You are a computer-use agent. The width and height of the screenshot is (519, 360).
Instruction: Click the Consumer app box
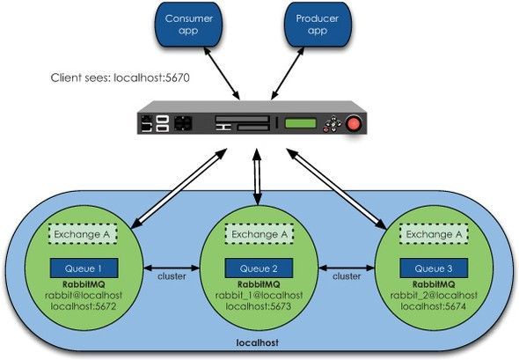click(x=188, y=25)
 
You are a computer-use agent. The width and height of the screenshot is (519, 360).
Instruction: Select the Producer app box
click(x=317, y=25)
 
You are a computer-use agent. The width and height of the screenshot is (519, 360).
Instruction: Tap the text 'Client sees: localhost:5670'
click(x=121, y=77)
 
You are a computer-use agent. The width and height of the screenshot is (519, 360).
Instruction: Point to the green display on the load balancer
click(x=301, y=123)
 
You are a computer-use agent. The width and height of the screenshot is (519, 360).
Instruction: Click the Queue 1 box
click(x=84, y=268)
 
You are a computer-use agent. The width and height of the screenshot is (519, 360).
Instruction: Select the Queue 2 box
click(x=259, y=268)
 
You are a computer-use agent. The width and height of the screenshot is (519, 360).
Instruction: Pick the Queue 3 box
click(x=434, y=268)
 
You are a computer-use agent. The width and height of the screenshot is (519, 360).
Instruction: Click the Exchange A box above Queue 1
click(x=83, y=234)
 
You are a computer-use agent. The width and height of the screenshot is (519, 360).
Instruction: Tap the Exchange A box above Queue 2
click(x=259, y=234)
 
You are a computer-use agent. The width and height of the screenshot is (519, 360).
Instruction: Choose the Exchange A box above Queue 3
click(x=434, y=234)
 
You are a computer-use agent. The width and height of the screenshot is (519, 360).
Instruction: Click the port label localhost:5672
click(x=84, y=306)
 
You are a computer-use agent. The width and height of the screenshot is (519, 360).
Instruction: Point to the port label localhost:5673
click(x=259, y=306)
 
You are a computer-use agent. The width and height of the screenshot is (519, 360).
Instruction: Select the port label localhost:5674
click(x=434, y=306)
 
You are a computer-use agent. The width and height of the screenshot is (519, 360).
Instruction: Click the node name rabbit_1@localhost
click(x=259, y=296)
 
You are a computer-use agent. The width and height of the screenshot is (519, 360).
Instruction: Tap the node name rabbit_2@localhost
click(x=434, y=296)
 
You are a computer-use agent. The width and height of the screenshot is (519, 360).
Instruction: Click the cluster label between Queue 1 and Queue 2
click(x=172, y=276)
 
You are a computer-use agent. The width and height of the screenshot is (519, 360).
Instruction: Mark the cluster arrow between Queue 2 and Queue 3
click(x=347, y=268)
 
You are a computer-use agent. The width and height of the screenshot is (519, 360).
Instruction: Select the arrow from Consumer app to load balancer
click(x=222, y=73)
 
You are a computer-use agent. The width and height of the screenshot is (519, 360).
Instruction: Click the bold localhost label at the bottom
click(x=258, y=342)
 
